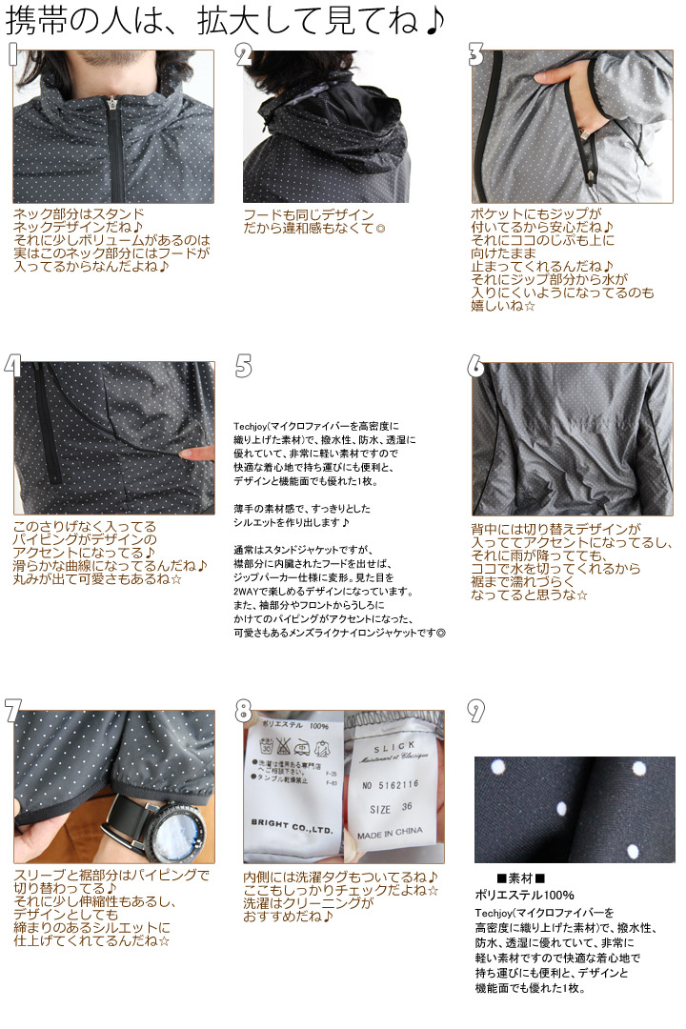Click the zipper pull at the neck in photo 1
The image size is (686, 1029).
(112, 105)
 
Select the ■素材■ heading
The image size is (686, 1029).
(520, 878)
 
